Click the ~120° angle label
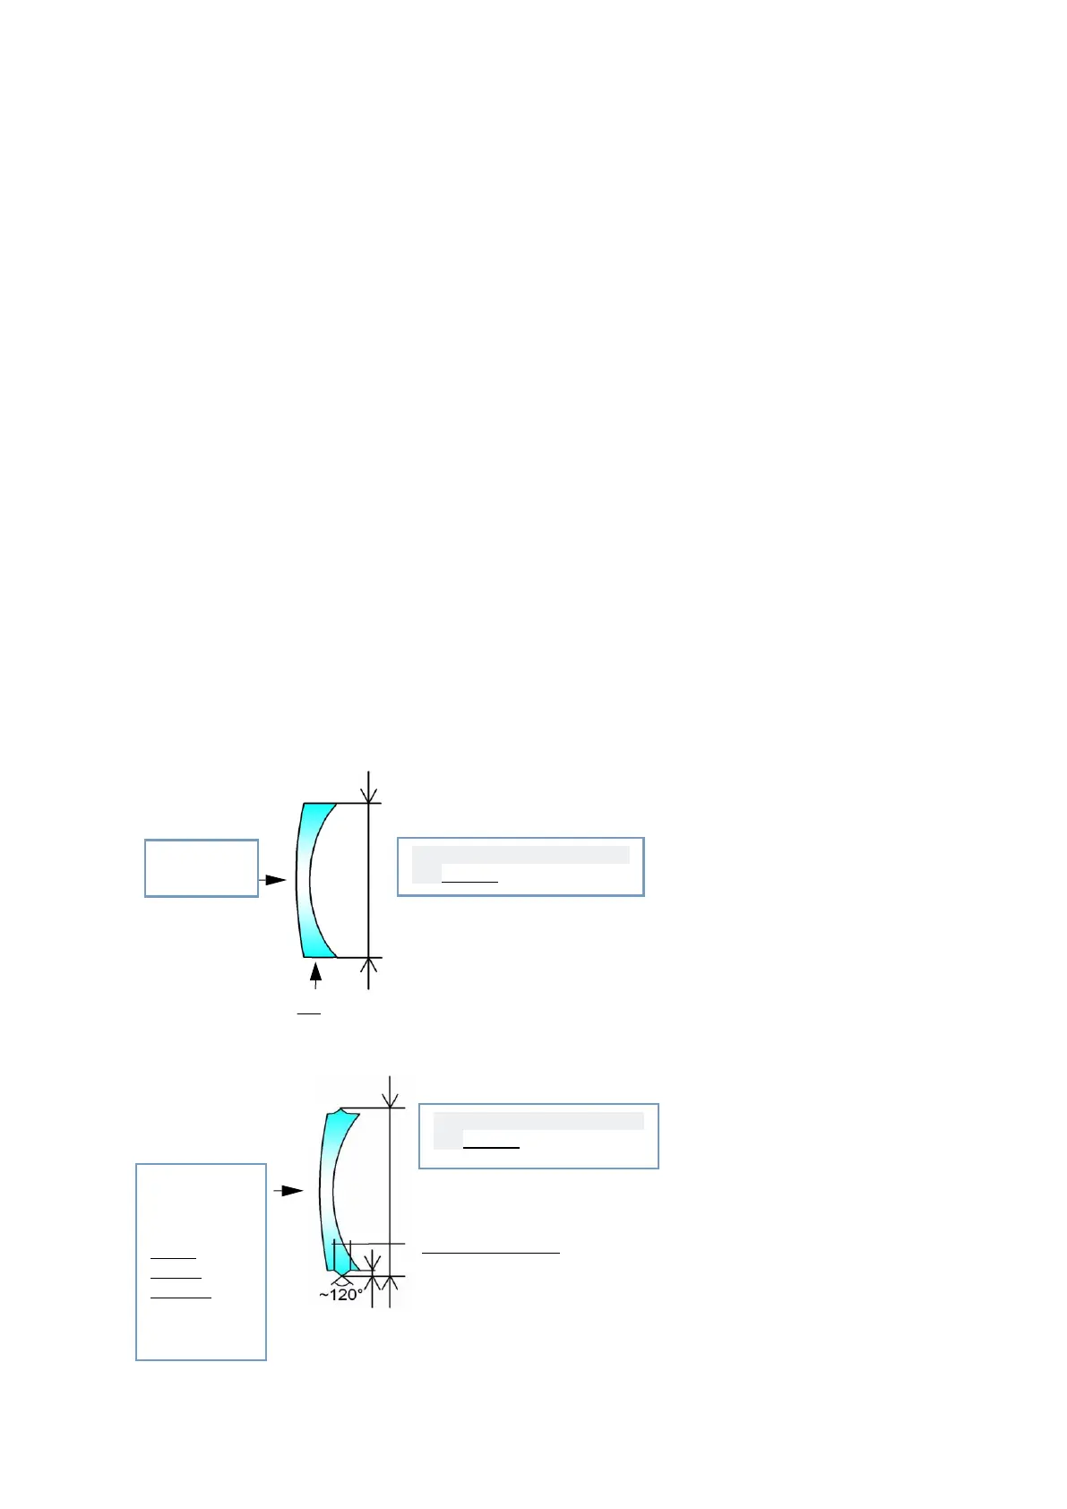pos(341,1295)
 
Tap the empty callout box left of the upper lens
pos(202,867)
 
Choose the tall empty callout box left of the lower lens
pos(201,1262)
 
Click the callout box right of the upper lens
pos(521,867)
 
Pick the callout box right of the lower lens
pos(538,1135)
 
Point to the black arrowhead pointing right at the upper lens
pos(276,880)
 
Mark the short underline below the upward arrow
pos(309,1014)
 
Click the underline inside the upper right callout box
pos(469,882)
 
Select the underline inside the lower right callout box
pos(491,1147)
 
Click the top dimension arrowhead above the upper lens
pos(369,794)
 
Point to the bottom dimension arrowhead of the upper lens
pos(369,966)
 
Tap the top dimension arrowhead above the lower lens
pos(390,1099)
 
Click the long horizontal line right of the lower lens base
pos(491,1252)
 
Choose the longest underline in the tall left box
pos(181,1297)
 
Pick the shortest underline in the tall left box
pos(173,1259)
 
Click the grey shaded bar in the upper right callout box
pos(521,854)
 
